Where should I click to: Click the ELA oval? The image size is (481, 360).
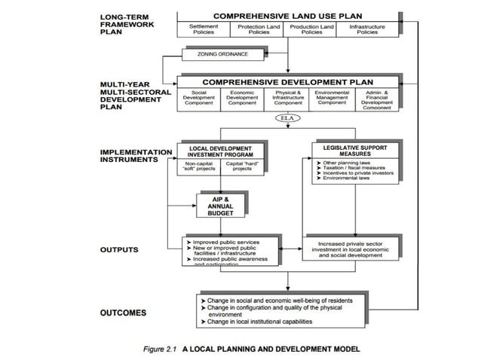288,119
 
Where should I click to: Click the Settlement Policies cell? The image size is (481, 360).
204,29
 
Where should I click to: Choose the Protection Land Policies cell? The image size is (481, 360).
259,29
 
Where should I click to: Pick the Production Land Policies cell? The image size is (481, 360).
312,29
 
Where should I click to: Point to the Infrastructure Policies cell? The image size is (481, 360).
368,29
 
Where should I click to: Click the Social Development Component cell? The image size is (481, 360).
199,98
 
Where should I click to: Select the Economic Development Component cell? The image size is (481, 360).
243,98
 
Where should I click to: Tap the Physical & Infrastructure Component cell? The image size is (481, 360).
288,98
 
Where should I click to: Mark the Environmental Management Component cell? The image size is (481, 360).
332,98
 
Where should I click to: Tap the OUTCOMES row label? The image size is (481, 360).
122,312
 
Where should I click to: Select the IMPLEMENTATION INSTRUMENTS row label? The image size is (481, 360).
136,155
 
